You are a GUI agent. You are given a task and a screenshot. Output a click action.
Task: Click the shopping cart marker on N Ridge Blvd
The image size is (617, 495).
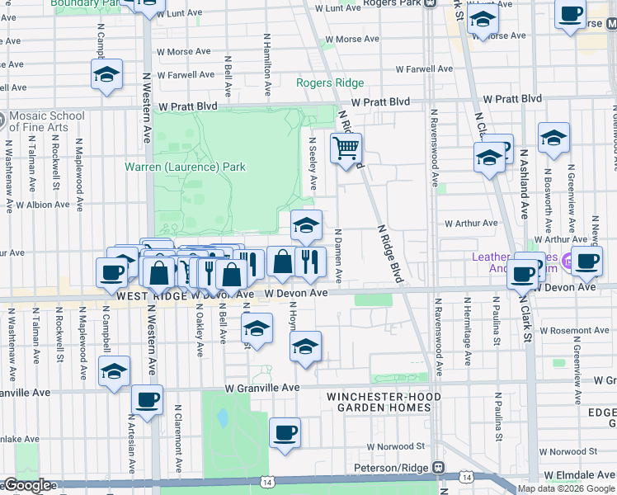tap(346, 149)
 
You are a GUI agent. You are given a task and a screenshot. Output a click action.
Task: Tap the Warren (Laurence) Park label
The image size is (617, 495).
tap(185, 167)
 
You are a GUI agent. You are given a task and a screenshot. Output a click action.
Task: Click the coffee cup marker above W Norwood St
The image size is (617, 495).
tap(285, 432)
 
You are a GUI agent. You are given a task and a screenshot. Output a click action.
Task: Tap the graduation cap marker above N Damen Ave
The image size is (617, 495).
tap(306, 225)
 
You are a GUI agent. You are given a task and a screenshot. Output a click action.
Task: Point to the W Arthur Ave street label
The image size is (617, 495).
tap(472, 223)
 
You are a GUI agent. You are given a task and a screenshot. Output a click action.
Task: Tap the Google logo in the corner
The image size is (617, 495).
tap(27, 485)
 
